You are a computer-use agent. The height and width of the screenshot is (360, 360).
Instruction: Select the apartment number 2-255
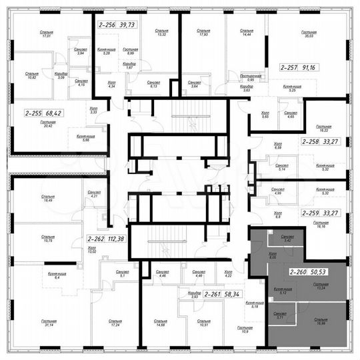[x=35, y=114]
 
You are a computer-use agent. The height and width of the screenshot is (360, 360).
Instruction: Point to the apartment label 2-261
[x=213, y=293]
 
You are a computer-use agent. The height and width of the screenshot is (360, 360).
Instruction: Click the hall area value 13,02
[x=91, y=253]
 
